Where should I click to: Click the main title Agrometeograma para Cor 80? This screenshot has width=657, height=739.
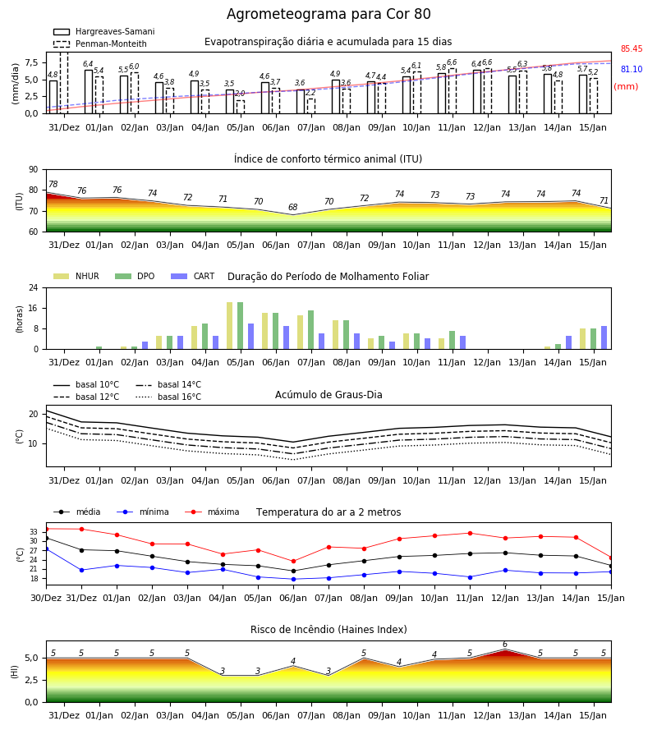pyautogui.click(x=328, y=14)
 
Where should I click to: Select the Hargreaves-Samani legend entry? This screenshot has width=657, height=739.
pyautogui.click(x=104, y=31)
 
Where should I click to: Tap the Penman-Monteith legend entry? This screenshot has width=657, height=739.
pyautogui.click(x=100, y=44)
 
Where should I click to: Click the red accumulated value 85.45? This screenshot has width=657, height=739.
pyautogui.click(x=632, y=48)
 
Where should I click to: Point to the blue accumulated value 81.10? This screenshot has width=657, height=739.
pyautogui.click(x=632, y=69)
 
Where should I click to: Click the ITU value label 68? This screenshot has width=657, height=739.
pyautogui.click(x=293, y=207)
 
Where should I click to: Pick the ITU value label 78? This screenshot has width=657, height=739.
pyautogui.click(x=53, y=184)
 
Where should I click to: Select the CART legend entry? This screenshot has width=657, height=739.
pyautogui.click(x=193, y=276)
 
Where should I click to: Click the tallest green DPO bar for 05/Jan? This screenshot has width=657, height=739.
pyautogui.click(x=241, y=326)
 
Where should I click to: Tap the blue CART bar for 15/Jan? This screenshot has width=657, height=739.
pyautogui.click(x=604, y=337)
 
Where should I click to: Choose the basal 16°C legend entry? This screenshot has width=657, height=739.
pyautogui.click(x=168, y=397)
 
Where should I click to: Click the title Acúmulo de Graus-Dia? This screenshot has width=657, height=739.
pyautogui.click(x=328, y=394)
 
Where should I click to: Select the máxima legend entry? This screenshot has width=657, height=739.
pyautogui.click(x=212, y=512)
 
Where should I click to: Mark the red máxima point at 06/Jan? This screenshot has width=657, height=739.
pyautogui.click(x=294, y=562)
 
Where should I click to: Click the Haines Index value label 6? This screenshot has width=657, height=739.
pyautogui.click(x=505, y=645)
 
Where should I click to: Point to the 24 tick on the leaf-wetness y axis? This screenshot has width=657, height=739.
pyautogui.click(x=34, y=287)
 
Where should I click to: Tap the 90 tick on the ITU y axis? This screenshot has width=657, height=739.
pyautogui.click(x=34, y=170)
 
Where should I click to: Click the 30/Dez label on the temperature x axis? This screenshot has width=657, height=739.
pyautogui.click(x=46, y=598)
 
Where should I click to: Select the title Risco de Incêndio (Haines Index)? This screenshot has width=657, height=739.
pyautogui.click(x=328, y=629)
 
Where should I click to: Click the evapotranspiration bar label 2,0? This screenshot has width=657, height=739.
pyautogui.click(x=240, y=94)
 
